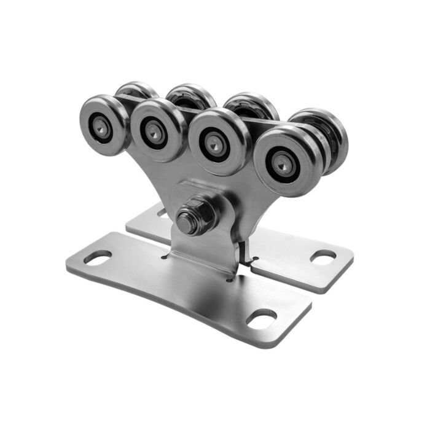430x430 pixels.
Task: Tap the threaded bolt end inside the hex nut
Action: [186, 221]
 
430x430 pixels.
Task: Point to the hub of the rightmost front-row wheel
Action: [283, 163]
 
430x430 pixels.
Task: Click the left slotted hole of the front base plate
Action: [97, 257]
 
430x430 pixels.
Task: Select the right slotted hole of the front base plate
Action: [262, 318]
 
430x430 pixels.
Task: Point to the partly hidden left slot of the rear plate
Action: [162, 213]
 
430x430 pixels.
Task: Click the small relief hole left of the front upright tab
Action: [165, 257]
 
